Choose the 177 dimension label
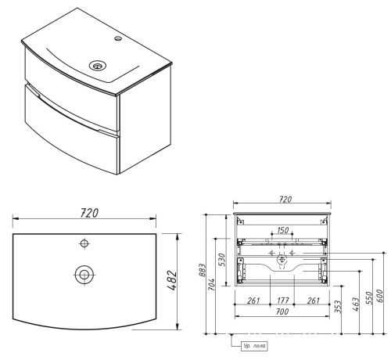281,301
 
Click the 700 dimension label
281,312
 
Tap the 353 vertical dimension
338,306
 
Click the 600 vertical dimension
381,297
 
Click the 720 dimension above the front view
284,200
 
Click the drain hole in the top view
84,274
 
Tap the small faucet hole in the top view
84,245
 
